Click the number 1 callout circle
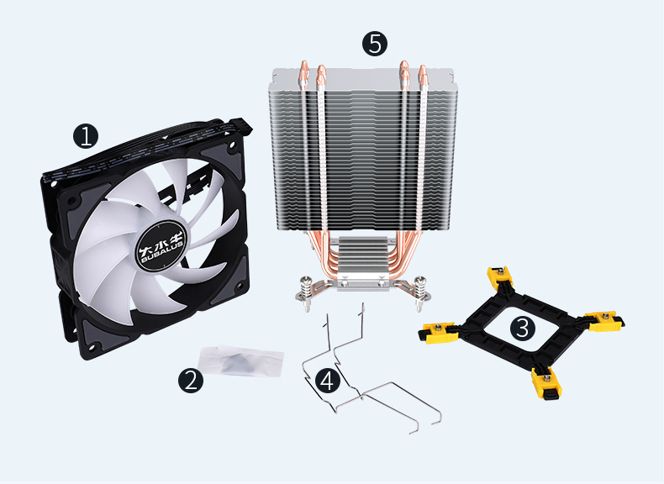click(x=86, y=136)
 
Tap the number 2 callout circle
click(x=191, y=380)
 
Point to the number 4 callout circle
click(x=327, y=380)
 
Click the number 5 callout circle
click(x=375, y=44)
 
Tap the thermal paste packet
click(x=240, y=361)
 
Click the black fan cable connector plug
click(x=241, y=126)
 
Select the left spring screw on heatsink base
click(x=307, y=293)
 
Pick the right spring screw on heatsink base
click(x=419, y=293)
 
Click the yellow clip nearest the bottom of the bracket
click(x=546, y=382)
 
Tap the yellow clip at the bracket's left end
click(x=438, y=332)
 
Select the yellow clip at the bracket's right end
click(x=604, y=321)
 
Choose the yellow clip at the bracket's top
click(x=500, y=276)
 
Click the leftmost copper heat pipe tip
click(x=303, y=68)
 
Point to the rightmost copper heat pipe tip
click(x=422, y=72)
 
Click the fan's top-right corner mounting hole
click(x=232, y=148)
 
